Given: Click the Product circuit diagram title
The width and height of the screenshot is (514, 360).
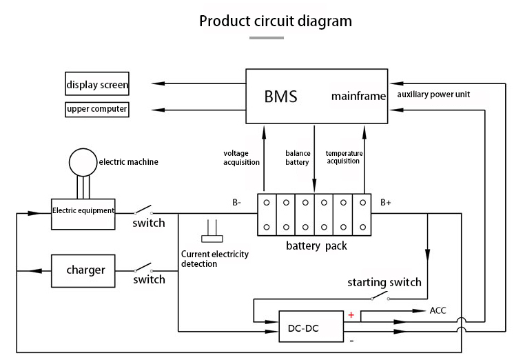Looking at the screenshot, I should click(x=275, y=21).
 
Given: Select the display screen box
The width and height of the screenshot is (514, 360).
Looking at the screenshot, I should click(x=97, y=86).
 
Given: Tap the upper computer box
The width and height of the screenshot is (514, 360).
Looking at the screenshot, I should click(x=97, y=109).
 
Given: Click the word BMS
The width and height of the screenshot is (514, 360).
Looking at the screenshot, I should click(x=280, y=97).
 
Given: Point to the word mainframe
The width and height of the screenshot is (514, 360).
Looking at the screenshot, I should click(x=358, y=96).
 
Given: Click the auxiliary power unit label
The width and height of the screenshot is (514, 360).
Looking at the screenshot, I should click(x=433, y=94).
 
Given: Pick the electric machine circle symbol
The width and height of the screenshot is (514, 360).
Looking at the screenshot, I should click(x=83, y=161).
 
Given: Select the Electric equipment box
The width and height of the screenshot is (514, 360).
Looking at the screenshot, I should click(x=83, y=210).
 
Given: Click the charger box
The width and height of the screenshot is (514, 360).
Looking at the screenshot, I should click(x=85, y=270).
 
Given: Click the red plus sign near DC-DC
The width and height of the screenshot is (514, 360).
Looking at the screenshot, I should click(x=351, y=315).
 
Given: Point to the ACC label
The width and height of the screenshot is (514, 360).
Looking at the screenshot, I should click(x=438, y=310).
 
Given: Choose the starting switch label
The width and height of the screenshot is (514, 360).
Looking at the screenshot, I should click(x=384, y=283).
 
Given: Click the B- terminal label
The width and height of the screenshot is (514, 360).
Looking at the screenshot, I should click(x=237, y=203).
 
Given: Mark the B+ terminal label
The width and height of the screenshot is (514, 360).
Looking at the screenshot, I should click(x=386, y=203).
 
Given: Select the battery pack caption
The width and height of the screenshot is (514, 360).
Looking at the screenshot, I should click(x=316, y=246).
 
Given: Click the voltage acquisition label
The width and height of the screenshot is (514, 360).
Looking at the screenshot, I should click(x=241, y=157).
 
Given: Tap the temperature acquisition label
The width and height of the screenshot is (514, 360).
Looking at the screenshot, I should click(x=344, y=157).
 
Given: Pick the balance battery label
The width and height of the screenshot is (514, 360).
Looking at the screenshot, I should click(x=298, y=157).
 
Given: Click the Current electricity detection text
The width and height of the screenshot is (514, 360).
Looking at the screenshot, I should click(x=214, y=259).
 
